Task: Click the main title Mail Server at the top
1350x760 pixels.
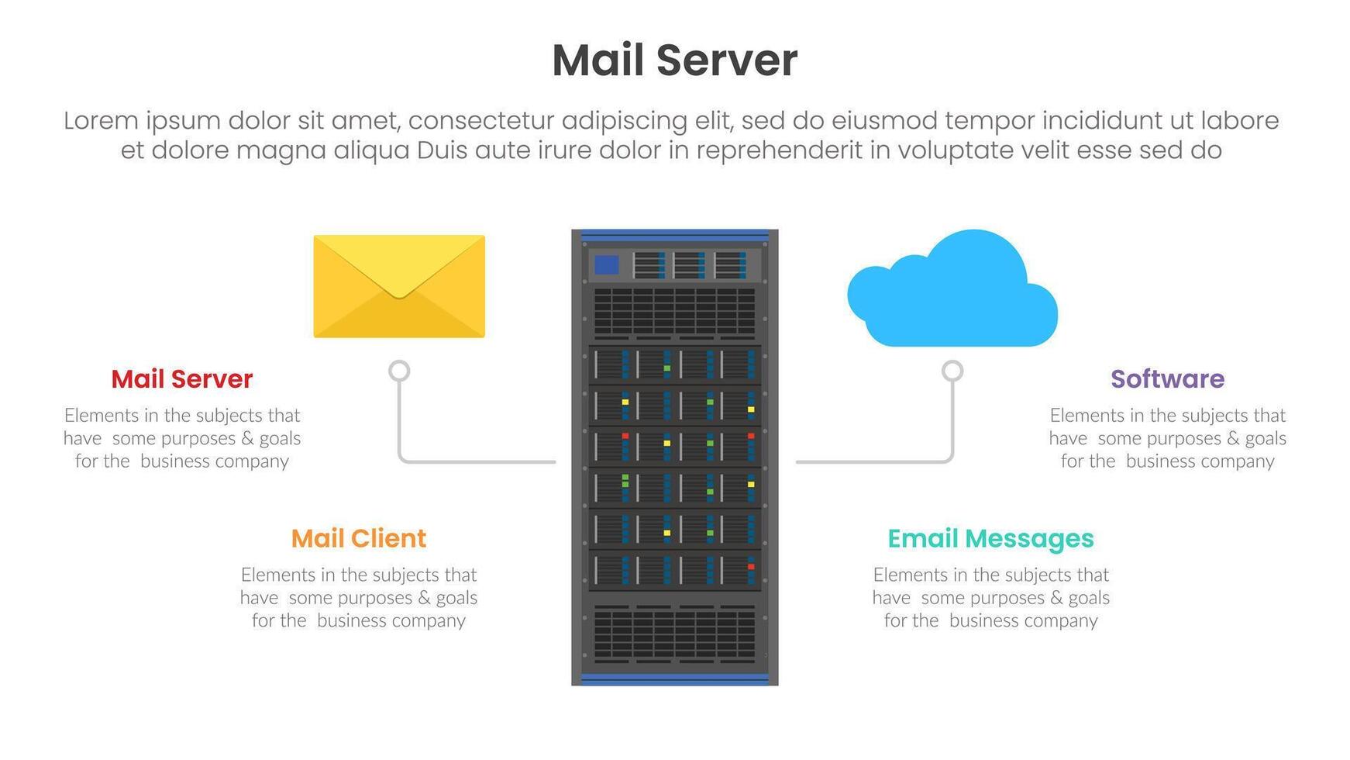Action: point(674,60)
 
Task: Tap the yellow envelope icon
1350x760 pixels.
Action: point(399,287)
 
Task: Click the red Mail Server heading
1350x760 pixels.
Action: point(182,379)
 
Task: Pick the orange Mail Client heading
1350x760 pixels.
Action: point(359,538)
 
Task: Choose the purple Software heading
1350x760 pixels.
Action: point(1167,379)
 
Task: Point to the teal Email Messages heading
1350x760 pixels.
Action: point(990,538)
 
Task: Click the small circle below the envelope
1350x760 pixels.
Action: point(399,371)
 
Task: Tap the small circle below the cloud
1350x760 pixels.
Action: point(952,371)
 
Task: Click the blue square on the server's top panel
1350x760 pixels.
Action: point(606,265)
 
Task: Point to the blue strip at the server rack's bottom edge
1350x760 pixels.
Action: point(674,679)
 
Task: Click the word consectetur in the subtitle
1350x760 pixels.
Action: point(480,121)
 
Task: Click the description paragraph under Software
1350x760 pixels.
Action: point(1167,438)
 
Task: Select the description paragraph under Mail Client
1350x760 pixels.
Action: point(359,597)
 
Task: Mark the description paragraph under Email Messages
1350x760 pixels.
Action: point(990,597)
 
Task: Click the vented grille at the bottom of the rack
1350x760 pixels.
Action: point(674,634)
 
